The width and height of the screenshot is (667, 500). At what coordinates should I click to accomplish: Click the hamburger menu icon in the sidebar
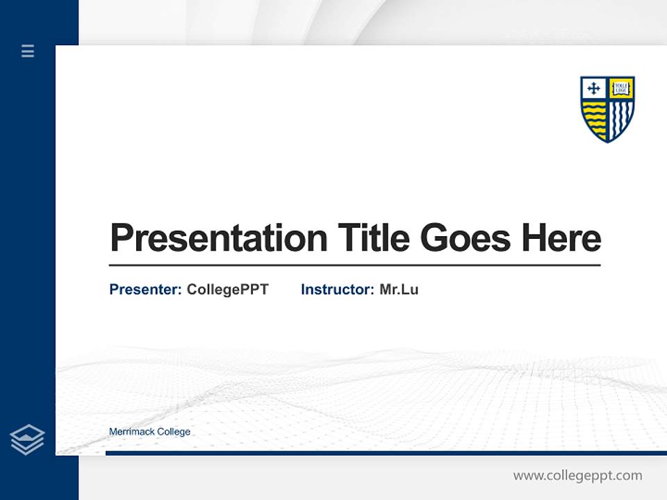tap(28, 51)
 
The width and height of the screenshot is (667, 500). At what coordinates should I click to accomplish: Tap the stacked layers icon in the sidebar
tap(27, 440)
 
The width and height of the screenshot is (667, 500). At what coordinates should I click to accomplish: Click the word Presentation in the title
tap(219, 238)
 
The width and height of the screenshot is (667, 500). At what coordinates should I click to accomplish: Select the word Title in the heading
tap(374, 238)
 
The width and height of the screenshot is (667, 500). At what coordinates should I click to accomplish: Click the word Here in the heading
tap(561, 238)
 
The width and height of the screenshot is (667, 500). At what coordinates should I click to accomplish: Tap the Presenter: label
tap(146, 290)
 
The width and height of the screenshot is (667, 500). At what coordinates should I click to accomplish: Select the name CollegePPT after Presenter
tap(227, 290)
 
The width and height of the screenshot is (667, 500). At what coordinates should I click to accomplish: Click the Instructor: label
tap(338, 290)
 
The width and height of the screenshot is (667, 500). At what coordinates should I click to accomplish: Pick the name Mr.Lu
tap(399, 290)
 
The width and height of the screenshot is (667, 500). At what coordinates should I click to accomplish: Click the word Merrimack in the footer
tap(132, 432)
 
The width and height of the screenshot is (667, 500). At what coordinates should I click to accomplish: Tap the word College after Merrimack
tap(174, 432)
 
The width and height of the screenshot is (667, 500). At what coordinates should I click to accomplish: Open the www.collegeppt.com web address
tap(577, 476)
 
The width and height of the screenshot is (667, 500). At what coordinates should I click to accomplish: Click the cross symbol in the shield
tap(593, 88)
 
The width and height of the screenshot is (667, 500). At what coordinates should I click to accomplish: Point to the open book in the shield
tap(621, 88)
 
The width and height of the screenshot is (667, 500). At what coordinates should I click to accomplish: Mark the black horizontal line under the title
tap(354, 265)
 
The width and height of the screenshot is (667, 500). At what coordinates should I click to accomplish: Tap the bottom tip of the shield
tap(608, 141)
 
